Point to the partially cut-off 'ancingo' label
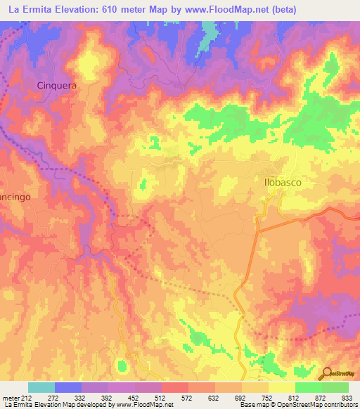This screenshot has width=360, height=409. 15,198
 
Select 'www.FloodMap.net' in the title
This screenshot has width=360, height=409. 222,9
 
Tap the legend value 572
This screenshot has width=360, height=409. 188,398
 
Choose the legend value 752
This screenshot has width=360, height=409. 269,398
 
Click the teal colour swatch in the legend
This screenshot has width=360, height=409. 41,387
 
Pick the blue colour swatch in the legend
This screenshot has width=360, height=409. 68,387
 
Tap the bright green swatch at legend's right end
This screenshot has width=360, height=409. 335,387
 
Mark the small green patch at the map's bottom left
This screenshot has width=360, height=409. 122,365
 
